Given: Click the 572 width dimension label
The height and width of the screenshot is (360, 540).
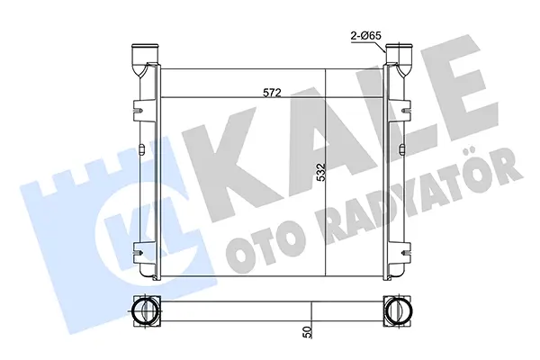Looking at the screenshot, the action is coord(272,93).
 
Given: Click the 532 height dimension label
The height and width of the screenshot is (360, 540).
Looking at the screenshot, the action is coord(321,172).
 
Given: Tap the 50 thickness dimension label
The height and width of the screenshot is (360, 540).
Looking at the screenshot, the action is coord(308,331).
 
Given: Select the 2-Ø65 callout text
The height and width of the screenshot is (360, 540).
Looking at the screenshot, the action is coord(366,35).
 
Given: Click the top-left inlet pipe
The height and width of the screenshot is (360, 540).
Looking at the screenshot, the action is coord(146,58).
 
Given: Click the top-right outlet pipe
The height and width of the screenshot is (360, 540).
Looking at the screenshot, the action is coord(399,58).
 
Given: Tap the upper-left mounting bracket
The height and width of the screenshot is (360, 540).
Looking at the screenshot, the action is coord(139,111).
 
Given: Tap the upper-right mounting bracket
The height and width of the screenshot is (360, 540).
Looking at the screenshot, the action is coord(406,111).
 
